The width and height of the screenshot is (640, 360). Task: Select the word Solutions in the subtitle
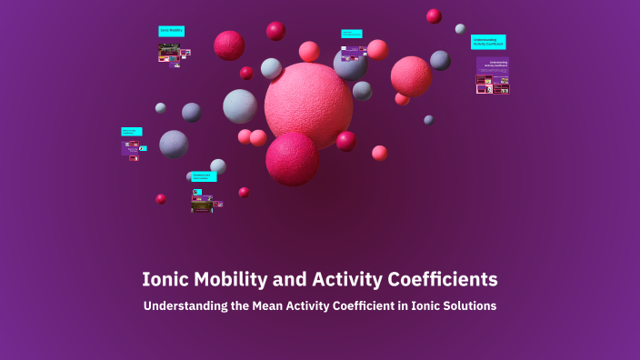point(468,306)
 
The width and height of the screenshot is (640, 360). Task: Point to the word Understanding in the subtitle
point(185,306)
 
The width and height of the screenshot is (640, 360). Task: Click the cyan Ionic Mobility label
point(171,31)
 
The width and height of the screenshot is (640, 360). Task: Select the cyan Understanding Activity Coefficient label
point(488,42)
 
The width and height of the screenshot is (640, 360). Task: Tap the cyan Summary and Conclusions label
point(204,176)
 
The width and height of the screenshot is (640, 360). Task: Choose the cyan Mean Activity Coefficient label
point(131,132)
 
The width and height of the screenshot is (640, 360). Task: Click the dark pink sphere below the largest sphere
point(292,158)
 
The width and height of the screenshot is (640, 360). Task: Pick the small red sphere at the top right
point(434,15)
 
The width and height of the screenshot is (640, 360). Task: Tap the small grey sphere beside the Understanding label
point(461,29)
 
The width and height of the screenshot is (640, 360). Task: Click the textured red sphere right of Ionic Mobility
point(229,45)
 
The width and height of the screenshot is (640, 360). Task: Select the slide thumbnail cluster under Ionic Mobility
point(173,55)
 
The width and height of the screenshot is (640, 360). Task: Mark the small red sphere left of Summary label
point(161,198)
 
